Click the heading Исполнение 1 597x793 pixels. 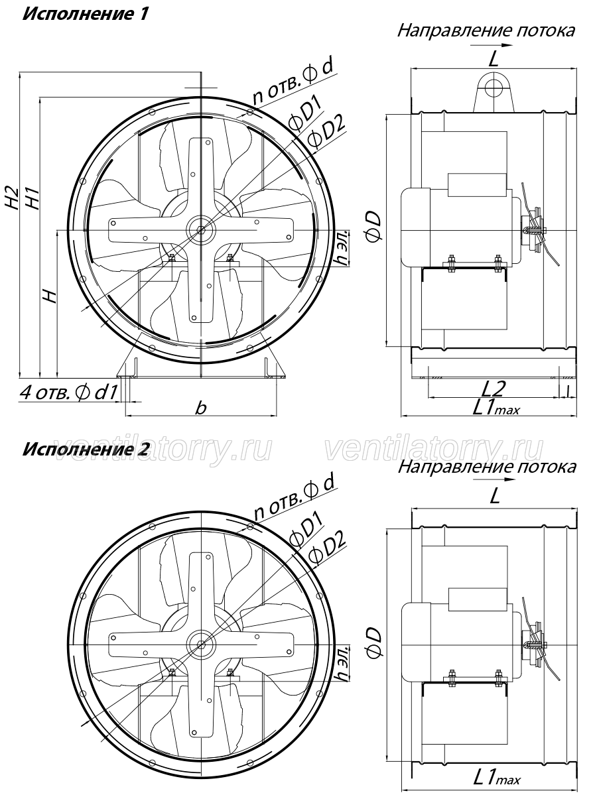(85, 13)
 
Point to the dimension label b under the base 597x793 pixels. (202, 407)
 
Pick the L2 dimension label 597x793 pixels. (493, 388)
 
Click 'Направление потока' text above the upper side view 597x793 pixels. (486, 30)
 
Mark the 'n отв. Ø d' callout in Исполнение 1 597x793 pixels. (293, 84)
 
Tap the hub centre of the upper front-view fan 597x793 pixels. (202, 231)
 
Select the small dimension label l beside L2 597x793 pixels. (568, 391)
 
